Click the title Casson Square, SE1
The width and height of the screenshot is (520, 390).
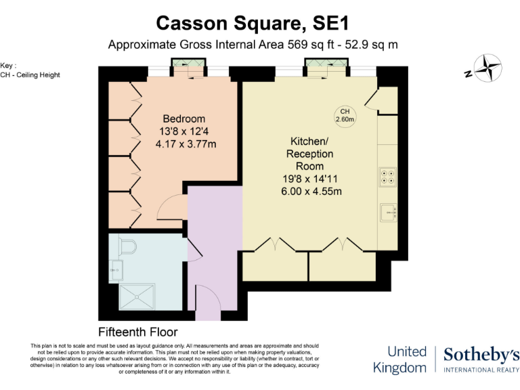(x=253, y=23)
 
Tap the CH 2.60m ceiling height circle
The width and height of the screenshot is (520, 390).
(x=345, y=115)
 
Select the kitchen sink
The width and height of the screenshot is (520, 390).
(x=389, y=213)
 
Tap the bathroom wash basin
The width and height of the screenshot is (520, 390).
(x=113, y=272)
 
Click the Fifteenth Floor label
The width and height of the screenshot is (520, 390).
(x=138, y=332)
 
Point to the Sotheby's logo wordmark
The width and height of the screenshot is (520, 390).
(x=481, y=355)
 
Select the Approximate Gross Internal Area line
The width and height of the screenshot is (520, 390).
(x=253, y=45)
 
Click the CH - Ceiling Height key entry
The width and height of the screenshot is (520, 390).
(x=30, y=74)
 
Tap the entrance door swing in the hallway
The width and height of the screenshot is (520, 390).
(x=206, y=298)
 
